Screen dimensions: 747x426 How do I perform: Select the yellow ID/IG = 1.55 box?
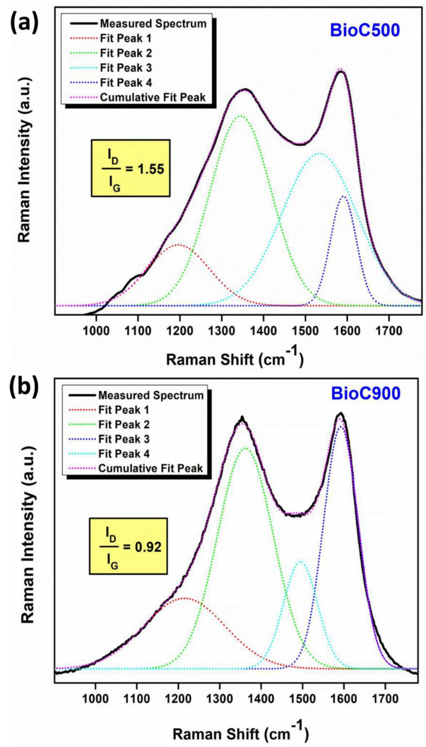tap(130, 168)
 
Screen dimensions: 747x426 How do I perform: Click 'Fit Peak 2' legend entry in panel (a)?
tap(126, 53)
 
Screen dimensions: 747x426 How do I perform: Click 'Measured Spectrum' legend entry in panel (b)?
tap(151, 395)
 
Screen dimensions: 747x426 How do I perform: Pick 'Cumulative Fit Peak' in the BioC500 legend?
tap(153, 98)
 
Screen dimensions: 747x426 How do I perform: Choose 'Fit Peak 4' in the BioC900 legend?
tap(124, 454)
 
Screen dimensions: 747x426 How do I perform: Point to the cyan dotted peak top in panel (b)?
tap(300, 561)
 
